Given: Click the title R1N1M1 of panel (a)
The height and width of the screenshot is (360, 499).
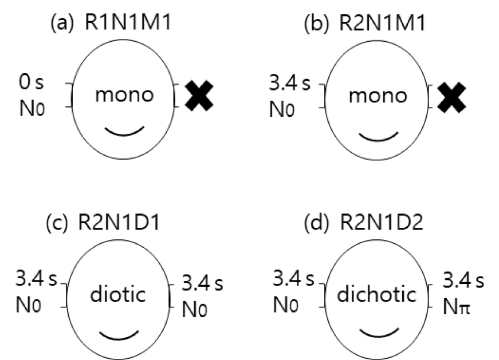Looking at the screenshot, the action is pyautogui.click(x=128, y=22).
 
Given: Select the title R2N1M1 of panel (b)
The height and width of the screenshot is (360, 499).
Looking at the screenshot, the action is pyautogui.click(x=383, y=23).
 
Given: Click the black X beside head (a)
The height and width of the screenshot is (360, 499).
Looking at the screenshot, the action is pyautogui.click(x=199, y=96).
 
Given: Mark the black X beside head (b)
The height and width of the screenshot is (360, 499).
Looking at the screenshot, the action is pyautogui.click(x=451, y=97).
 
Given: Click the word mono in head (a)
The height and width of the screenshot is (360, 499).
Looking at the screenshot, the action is pyautogui.click(x=124, y=95).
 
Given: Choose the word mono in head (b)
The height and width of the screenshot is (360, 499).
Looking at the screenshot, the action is pyautogui.click(x=378, y=96).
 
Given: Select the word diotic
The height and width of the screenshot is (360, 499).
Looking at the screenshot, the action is pyautogui.click(x=118, y=294).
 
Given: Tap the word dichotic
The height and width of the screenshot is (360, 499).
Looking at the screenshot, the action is pyautogui.click(x=377, y=294).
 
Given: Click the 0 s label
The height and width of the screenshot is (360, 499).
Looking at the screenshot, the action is pyautogui.click(x=31, y=82).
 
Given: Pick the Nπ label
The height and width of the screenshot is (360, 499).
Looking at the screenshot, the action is pyautogui.click(x=457, y=307).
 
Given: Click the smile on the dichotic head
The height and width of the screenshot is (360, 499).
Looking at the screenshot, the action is pyautogui.click(x=379, y=333).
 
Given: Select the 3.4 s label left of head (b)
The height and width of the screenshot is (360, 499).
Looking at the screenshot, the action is pyautogui.click(x=289, y=84).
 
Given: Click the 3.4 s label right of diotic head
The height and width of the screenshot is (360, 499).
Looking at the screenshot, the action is pyautogui.click(x=202, y=283).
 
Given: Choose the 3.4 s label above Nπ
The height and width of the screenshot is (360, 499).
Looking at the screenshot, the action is pyautogui.click(x=463, y=280).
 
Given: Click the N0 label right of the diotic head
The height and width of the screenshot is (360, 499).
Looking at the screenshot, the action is pyautogui.click(x=194, y=309).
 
